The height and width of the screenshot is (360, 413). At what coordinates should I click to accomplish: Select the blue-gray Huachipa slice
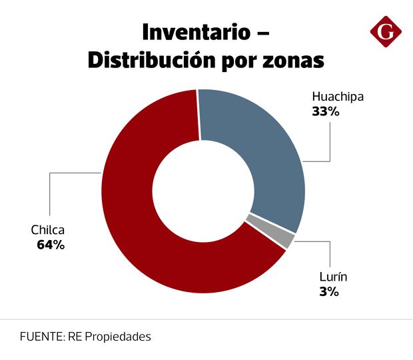(x=260, y=153)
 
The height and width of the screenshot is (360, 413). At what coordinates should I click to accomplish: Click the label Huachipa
(x=338, y=97)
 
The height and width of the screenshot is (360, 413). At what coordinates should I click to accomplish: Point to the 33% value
(x=326, y=112)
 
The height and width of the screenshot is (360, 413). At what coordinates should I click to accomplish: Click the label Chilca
(x=48, y=230)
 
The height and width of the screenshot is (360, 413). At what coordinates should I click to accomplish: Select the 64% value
(x=51, y=245)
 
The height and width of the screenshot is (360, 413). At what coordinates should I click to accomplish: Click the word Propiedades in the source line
(x=117, y=337)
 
